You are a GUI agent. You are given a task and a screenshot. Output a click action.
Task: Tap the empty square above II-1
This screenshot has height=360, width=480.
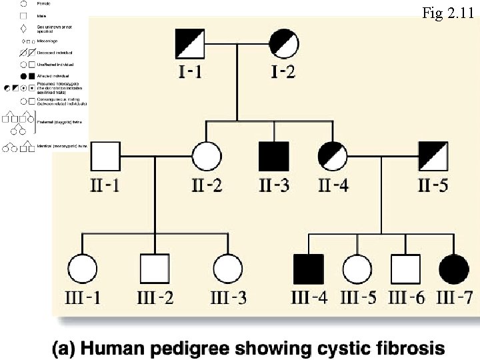(105, 157)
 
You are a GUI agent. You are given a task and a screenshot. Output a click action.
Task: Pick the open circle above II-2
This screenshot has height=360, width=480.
(207, 157)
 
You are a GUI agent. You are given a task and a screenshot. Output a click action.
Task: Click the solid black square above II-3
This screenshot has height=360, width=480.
(273, 157)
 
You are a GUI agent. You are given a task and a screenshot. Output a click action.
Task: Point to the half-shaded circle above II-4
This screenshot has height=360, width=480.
(333, 157)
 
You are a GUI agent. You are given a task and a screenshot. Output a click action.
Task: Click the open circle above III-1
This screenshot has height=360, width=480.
(83, 269)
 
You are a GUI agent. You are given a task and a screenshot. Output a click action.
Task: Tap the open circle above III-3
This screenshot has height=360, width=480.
(228, 269)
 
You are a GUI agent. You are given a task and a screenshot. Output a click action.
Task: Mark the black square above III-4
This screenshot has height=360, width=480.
(309, 269)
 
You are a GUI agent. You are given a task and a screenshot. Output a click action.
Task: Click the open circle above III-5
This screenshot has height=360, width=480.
(357, 269)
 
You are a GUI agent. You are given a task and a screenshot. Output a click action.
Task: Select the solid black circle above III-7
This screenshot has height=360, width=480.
(453, 269)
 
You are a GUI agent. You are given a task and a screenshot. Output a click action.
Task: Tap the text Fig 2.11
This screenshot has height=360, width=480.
(449, 13)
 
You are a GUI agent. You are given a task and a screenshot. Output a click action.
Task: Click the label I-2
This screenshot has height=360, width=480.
(283, 71)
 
